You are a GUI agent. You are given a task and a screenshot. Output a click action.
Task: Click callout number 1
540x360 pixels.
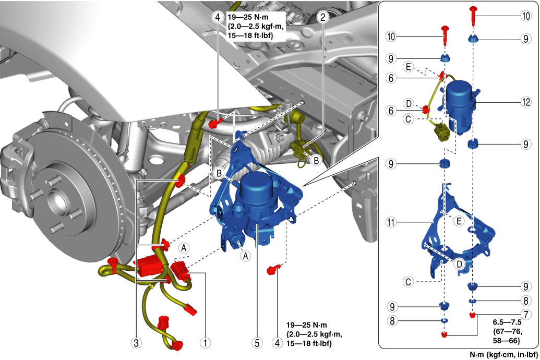pyautogui.click(x=207, y=343)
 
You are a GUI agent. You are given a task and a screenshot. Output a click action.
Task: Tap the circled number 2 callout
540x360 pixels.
pyautogui.click(x=323, y=17)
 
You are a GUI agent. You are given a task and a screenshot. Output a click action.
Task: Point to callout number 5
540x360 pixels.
pyautogui.click(x=257, y=343)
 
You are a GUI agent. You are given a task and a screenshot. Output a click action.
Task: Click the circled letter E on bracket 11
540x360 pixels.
pyautogui.click(x=459, y=221)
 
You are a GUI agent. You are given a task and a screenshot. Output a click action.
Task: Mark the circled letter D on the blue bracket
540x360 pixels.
pyautogui.click(x=458, y=265)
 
